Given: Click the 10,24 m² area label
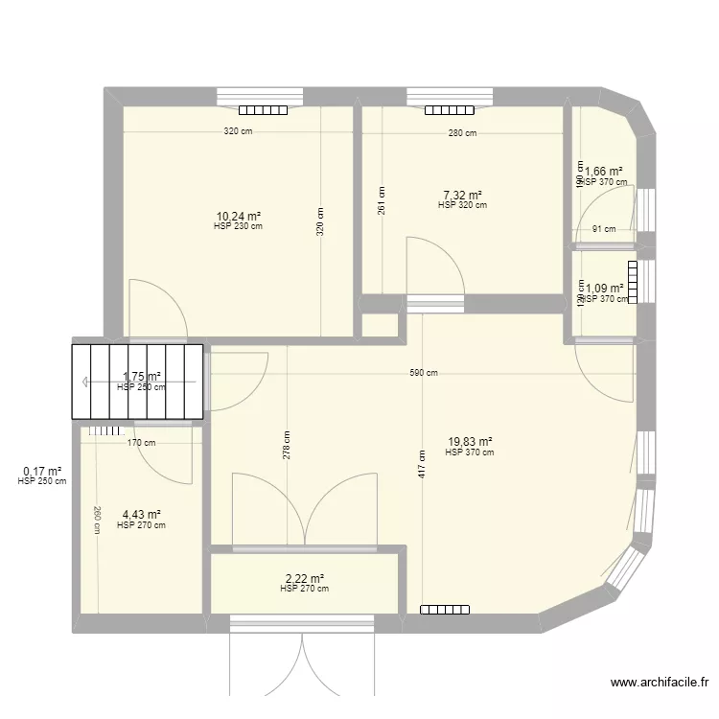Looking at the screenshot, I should pos(239,217).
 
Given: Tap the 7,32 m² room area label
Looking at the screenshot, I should pos(462,195).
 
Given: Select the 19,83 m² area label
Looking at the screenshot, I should pos(469,442).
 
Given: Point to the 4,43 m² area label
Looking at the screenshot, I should pos(140,515).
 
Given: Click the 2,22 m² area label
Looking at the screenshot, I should pos(304,579).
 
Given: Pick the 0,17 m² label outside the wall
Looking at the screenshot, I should pos(42,471).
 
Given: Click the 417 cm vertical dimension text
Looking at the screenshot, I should pos(421,464).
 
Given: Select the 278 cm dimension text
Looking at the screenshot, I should pos(287,445).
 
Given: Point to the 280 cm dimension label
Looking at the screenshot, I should pos(462,133).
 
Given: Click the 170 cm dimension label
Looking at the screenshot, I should pos(141,442).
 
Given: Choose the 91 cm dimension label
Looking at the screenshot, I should pos(604,229).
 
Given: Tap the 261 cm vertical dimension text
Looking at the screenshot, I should pos(382,201).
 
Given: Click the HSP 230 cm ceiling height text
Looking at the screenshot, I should pos(239,227).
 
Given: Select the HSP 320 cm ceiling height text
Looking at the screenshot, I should pos(462,205).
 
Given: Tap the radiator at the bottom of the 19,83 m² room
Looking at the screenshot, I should pos(445,609).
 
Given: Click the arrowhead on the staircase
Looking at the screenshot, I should pos(87,382).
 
